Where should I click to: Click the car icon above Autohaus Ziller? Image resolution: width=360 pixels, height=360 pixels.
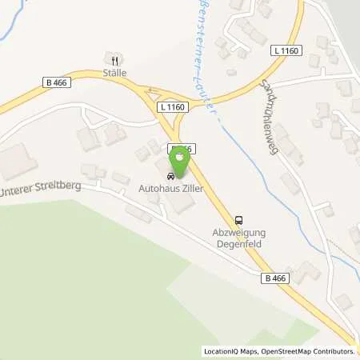point(171,176)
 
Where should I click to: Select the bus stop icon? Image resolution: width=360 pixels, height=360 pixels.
point(238,221)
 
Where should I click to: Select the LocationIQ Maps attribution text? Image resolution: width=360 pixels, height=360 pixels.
point(229,351)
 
